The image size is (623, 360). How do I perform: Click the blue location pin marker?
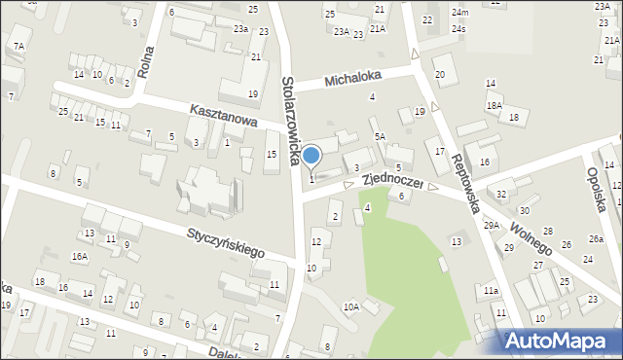(311, 156)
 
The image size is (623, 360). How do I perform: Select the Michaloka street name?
(353, 76)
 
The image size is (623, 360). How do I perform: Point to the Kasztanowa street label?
(223, 116)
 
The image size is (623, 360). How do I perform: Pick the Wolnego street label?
(531, 236)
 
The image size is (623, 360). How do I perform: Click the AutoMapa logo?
(559, 341)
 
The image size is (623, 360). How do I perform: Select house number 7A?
(18, 46)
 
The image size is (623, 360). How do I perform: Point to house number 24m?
(459, 12)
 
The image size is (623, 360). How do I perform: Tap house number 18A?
(495, 105)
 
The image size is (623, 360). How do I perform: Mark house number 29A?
(492, 225)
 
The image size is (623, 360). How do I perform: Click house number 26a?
(596, 239)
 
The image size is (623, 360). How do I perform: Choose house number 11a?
(491, 290)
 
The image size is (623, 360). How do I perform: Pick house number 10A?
(350, 307)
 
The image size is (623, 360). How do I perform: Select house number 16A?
(79, 256)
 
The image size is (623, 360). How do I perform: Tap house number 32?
(501, 195)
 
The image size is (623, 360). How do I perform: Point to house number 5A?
(381, 137)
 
